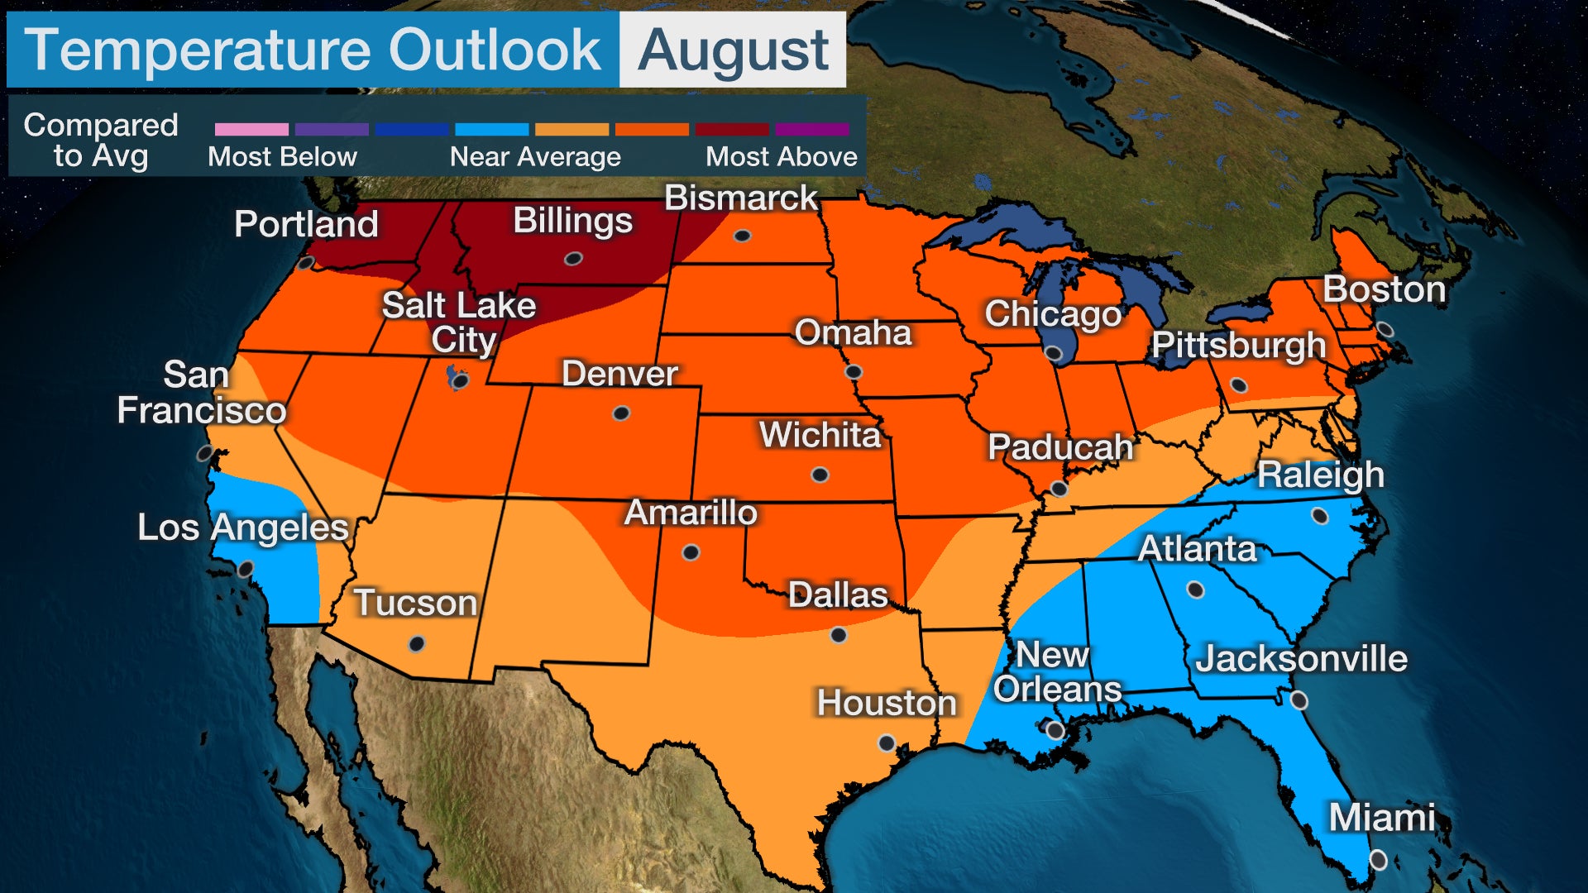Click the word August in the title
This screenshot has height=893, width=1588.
[x=733, y=50]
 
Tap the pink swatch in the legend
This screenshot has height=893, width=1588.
[x=251, y=130]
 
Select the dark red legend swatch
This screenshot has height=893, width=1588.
[x=732, y=130]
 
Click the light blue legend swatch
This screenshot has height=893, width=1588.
[x=492, y=130]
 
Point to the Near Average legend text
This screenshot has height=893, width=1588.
[x=535, y=157]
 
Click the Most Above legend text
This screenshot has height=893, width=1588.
[x=781, y=157]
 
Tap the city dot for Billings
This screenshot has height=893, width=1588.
[x=573, y=259]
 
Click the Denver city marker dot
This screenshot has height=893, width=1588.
[x=620, y=413]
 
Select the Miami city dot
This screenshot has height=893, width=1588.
[x=1378, y=860]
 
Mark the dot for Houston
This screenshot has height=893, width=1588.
[x=887, y=743]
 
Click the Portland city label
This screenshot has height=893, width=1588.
[x=306, y=224]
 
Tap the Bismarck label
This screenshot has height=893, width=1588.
[x=741, y=198]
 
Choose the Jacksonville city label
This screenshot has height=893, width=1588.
[x=1301, y=659]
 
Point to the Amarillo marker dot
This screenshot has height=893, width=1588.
[x=691, y=552]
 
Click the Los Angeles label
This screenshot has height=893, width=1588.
[x=243, y=528]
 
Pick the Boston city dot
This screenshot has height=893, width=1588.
[x=1385, y=331]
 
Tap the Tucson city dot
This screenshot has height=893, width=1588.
[x=417, y=643]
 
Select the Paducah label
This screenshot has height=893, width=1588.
[x=1060, y=447]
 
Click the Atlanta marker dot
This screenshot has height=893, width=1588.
[x=1195, y=590]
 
